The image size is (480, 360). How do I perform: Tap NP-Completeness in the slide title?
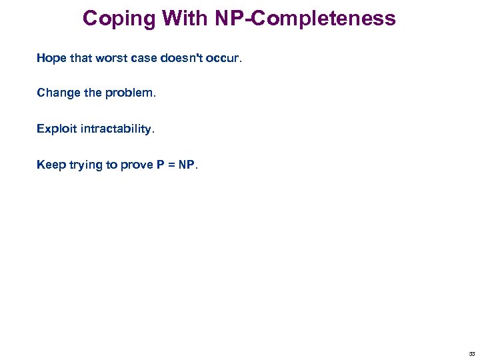tap(305, 18)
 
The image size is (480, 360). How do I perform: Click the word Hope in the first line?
tap(52, 58)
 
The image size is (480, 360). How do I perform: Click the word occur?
tap(227, 58)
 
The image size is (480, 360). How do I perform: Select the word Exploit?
tap(57, 129)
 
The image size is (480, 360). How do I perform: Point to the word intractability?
tap(117, 129)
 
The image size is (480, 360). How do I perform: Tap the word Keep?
tap(51, 165)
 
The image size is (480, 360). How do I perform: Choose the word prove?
tap(137, 165)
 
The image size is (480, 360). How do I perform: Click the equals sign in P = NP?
tap(171, 165)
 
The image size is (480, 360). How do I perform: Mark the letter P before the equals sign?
tap(161, 165)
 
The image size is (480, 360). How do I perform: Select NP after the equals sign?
tap(188, 165)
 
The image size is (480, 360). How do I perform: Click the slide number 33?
tap(471, 354)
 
